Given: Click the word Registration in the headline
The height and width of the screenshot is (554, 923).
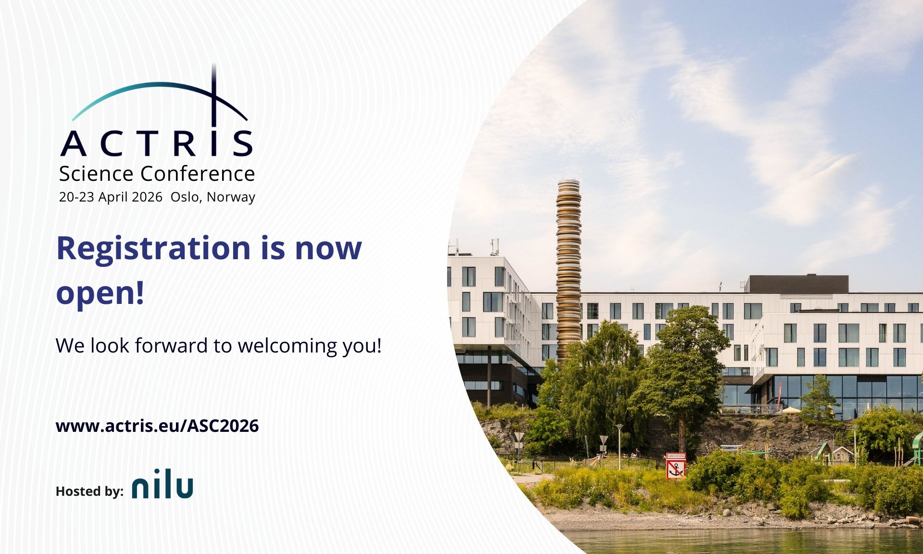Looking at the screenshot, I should click(x=153, y=248).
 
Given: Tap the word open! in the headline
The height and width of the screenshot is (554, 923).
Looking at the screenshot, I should click(x=100, y=292).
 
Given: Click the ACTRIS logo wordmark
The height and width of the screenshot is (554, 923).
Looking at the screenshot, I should click(x=157, y=143).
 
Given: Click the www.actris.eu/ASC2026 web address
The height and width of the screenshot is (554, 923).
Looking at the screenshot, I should click(x=157, y=426).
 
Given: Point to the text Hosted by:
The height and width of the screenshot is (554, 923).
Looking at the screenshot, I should click(x=89, y=491).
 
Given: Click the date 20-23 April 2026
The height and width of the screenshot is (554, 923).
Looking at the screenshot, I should click(x=111, y=197).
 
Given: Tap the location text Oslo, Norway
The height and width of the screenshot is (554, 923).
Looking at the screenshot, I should click(x=213, y=197).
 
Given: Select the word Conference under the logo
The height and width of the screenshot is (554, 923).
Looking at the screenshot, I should click(x=198, y=174).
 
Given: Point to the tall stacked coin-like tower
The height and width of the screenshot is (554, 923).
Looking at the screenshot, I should click(x=569, y=269).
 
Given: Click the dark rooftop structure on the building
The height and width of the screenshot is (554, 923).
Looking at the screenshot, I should click(x=798, y=284).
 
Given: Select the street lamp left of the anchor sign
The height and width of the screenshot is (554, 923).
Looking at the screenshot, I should click(x=619, y=445).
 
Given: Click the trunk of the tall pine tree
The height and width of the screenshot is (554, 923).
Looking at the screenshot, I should click(x=681, y=423).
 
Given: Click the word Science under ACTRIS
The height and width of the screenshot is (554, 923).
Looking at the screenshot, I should click(x=96, y=174).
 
